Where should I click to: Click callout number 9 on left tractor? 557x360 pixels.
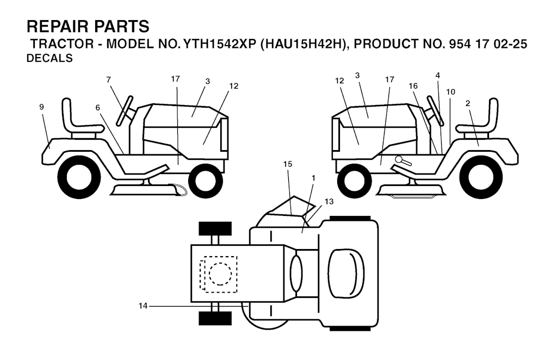pyautogui.click(x=41, y=107)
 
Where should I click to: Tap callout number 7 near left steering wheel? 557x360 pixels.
pyautogui.click(x=108, y=80)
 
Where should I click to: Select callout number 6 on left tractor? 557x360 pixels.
pyautogui.click(x=98, y=108)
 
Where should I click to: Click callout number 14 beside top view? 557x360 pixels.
pyautogui.click(x=143, y=306)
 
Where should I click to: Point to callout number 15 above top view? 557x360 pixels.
pyautogui.click(x=288, y=164)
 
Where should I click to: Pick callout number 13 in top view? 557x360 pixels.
pyautogui.click(x=329, y=201)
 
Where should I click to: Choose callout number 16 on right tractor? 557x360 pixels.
pyautogui.click(x=413, y=86)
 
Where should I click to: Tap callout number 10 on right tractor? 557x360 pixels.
pyautogui.click(x=450, y=92)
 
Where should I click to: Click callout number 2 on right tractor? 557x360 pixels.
pyautogui.click(x=467, y=103)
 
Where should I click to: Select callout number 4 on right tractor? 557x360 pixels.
pyautogui.click(x=438, y=75)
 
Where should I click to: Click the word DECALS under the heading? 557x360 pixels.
pyautogui.click(x=49, y=58)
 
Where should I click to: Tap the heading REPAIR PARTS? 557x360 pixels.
pyautogui.click(x=88, y=27)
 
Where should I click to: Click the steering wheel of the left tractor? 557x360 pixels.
pyautogui.click(x=125, y=110)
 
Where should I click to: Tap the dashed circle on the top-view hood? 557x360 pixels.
pyautogui.click(x=220, y=274)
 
